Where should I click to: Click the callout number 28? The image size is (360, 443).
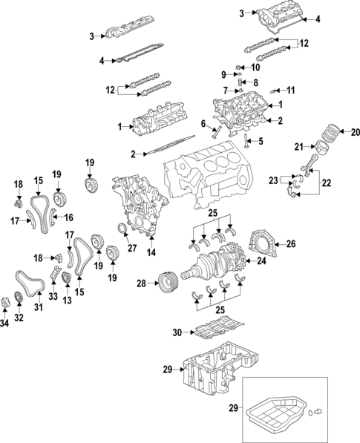[x=142, y=283]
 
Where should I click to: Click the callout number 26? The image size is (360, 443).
[x=290, y=243]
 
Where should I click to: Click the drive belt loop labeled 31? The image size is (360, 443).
[x=28, y=285]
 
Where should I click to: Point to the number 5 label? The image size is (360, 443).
[x=260, y=141]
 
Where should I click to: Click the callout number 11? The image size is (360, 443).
[x=290, y=91]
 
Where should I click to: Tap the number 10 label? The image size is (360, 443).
[x=257, y=68]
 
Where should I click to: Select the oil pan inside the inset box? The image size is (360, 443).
[x=278, y=416]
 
